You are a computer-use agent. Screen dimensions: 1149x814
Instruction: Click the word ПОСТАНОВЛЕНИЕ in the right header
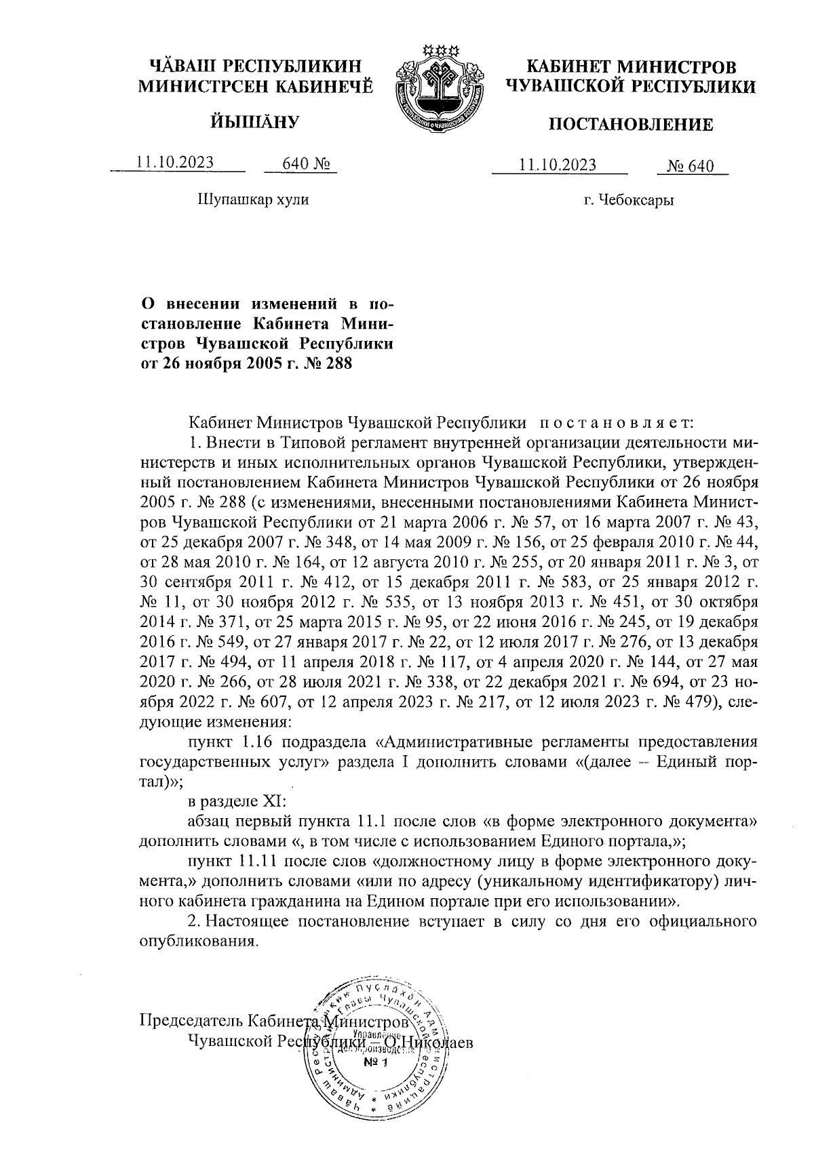(630, 125)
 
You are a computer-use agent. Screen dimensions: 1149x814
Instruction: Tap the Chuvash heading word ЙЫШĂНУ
(255, 122)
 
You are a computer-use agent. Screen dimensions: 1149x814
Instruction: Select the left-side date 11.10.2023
(175, 162)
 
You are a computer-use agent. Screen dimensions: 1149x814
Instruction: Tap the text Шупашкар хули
(252, 200)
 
